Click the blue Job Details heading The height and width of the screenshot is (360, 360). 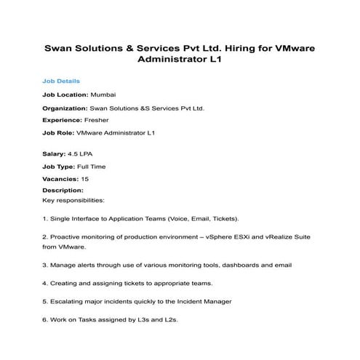(61, 81)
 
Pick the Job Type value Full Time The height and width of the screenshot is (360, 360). (91, 166)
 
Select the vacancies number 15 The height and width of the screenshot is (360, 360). (85, 179)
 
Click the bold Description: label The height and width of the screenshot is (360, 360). (63, 191)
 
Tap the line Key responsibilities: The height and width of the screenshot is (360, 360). (74, 199)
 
